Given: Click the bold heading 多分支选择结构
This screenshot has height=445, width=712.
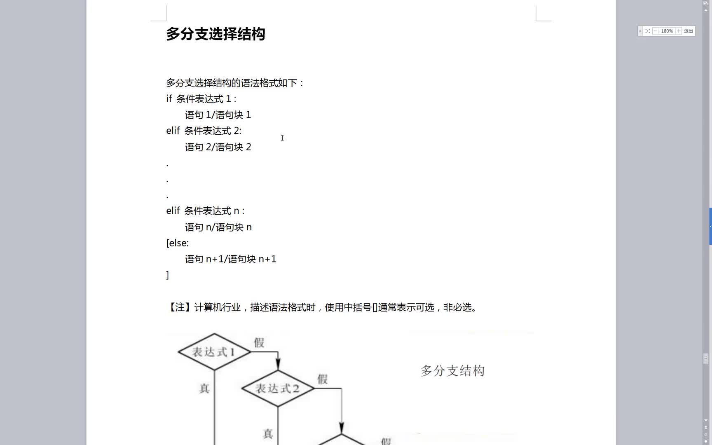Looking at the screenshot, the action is pyautogui.click(x=215, y=34).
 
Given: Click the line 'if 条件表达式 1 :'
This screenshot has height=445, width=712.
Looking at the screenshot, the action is pyautogui.click(x=201, y=99).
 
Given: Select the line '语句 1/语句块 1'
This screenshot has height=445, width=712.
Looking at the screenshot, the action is pyautogui.click(x=218, y=115).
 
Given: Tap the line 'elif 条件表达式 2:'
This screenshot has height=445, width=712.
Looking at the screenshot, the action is pyautogui.click(x=204, y=131).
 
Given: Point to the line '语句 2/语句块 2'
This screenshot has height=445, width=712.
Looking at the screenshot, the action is pyautogui.click(x=218, y=147).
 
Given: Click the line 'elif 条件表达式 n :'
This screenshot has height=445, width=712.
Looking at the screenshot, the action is pyautogui.click(x=205, y=211).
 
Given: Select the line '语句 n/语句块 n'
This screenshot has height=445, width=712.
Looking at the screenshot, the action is pyautogui.click(x=218, y=227).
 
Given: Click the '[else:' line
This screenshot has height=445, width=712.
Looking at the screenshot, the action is pyautogui.click(x=178, y=243).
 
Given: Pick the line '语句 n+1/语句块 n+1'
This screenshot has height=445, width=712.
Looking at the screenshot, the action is pyautogui.click(x=231, y=259).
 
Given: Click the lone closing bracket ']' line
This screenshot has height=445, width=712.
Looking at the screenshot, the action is pyautogui.click(x=168, y=275).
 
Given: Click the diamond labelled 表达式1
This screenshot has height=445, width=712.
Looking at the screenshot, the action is pyautogui.click(x=214, y=352).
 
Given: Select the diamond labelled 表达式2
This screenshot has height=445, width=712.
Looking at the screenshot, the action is pyautogui.click(x=278, y=388).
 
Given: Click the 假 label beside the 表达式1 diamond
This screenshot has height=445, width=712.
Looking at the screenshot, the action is pyautogui.click(x=259, y=342).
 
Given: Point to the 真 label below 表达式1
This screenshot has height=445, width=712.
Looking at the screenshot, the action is pyautogui.click(x=205, y=389).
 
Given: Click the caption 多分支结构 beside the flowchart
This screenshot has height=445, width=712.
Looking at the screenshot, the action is pyautogui.click(x=452, y=371).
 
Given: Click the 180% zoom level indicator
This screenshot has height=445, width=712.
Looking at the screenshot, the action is pyautogui.click(x=667, y=31).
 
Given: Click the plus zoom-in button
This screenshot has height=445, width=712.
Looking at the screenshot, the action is pyautogui.click(x=679, y=31).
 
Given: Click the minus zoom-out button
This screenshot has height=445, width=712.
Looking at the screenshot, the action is pyautogui.click(x=656, y=31).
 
